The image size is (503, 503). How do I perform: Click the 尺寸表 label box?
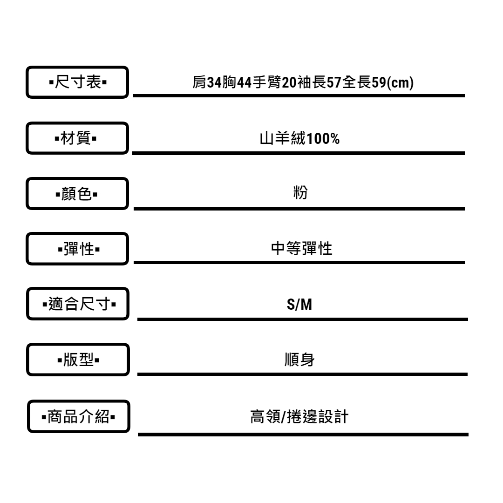[77, 82]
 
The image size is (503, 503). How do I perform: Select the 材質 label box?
[77, 138]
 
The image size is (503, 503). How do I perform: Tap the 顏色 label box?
[77, 193]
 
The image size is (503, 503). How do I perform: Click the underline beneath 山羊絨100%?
[299, 152]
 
